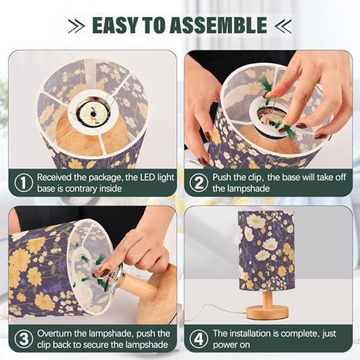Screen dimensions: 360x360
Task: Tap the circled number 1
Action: click(x=24, y=183)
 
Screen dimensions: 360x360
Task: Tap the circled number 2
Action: click(x=199, y=183)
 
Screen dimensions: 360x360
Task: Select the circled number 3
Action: click(x=24, y=339)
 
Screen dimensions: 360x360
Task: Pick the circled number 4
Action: click(x=199, y=339)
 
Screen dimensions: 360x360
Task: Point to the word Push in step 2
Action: click(x=222, y=177)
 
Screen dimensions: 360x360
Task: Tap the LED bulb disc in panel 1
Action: click(x=92, y=112)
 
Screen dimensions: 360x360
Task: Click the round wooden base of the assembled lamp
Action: click(x=267, y=312)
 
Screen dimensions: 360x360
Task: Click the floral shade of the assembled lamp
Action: click(x=266, y=250)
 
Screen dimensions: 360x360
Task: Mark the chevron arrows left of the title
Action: click(x=76, y=26)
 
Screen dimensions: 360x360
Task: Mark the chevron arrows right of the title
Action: click(x=283, y=26)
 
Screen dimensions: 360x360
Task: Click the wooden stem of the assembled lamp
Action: click(x=267, y=299)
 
